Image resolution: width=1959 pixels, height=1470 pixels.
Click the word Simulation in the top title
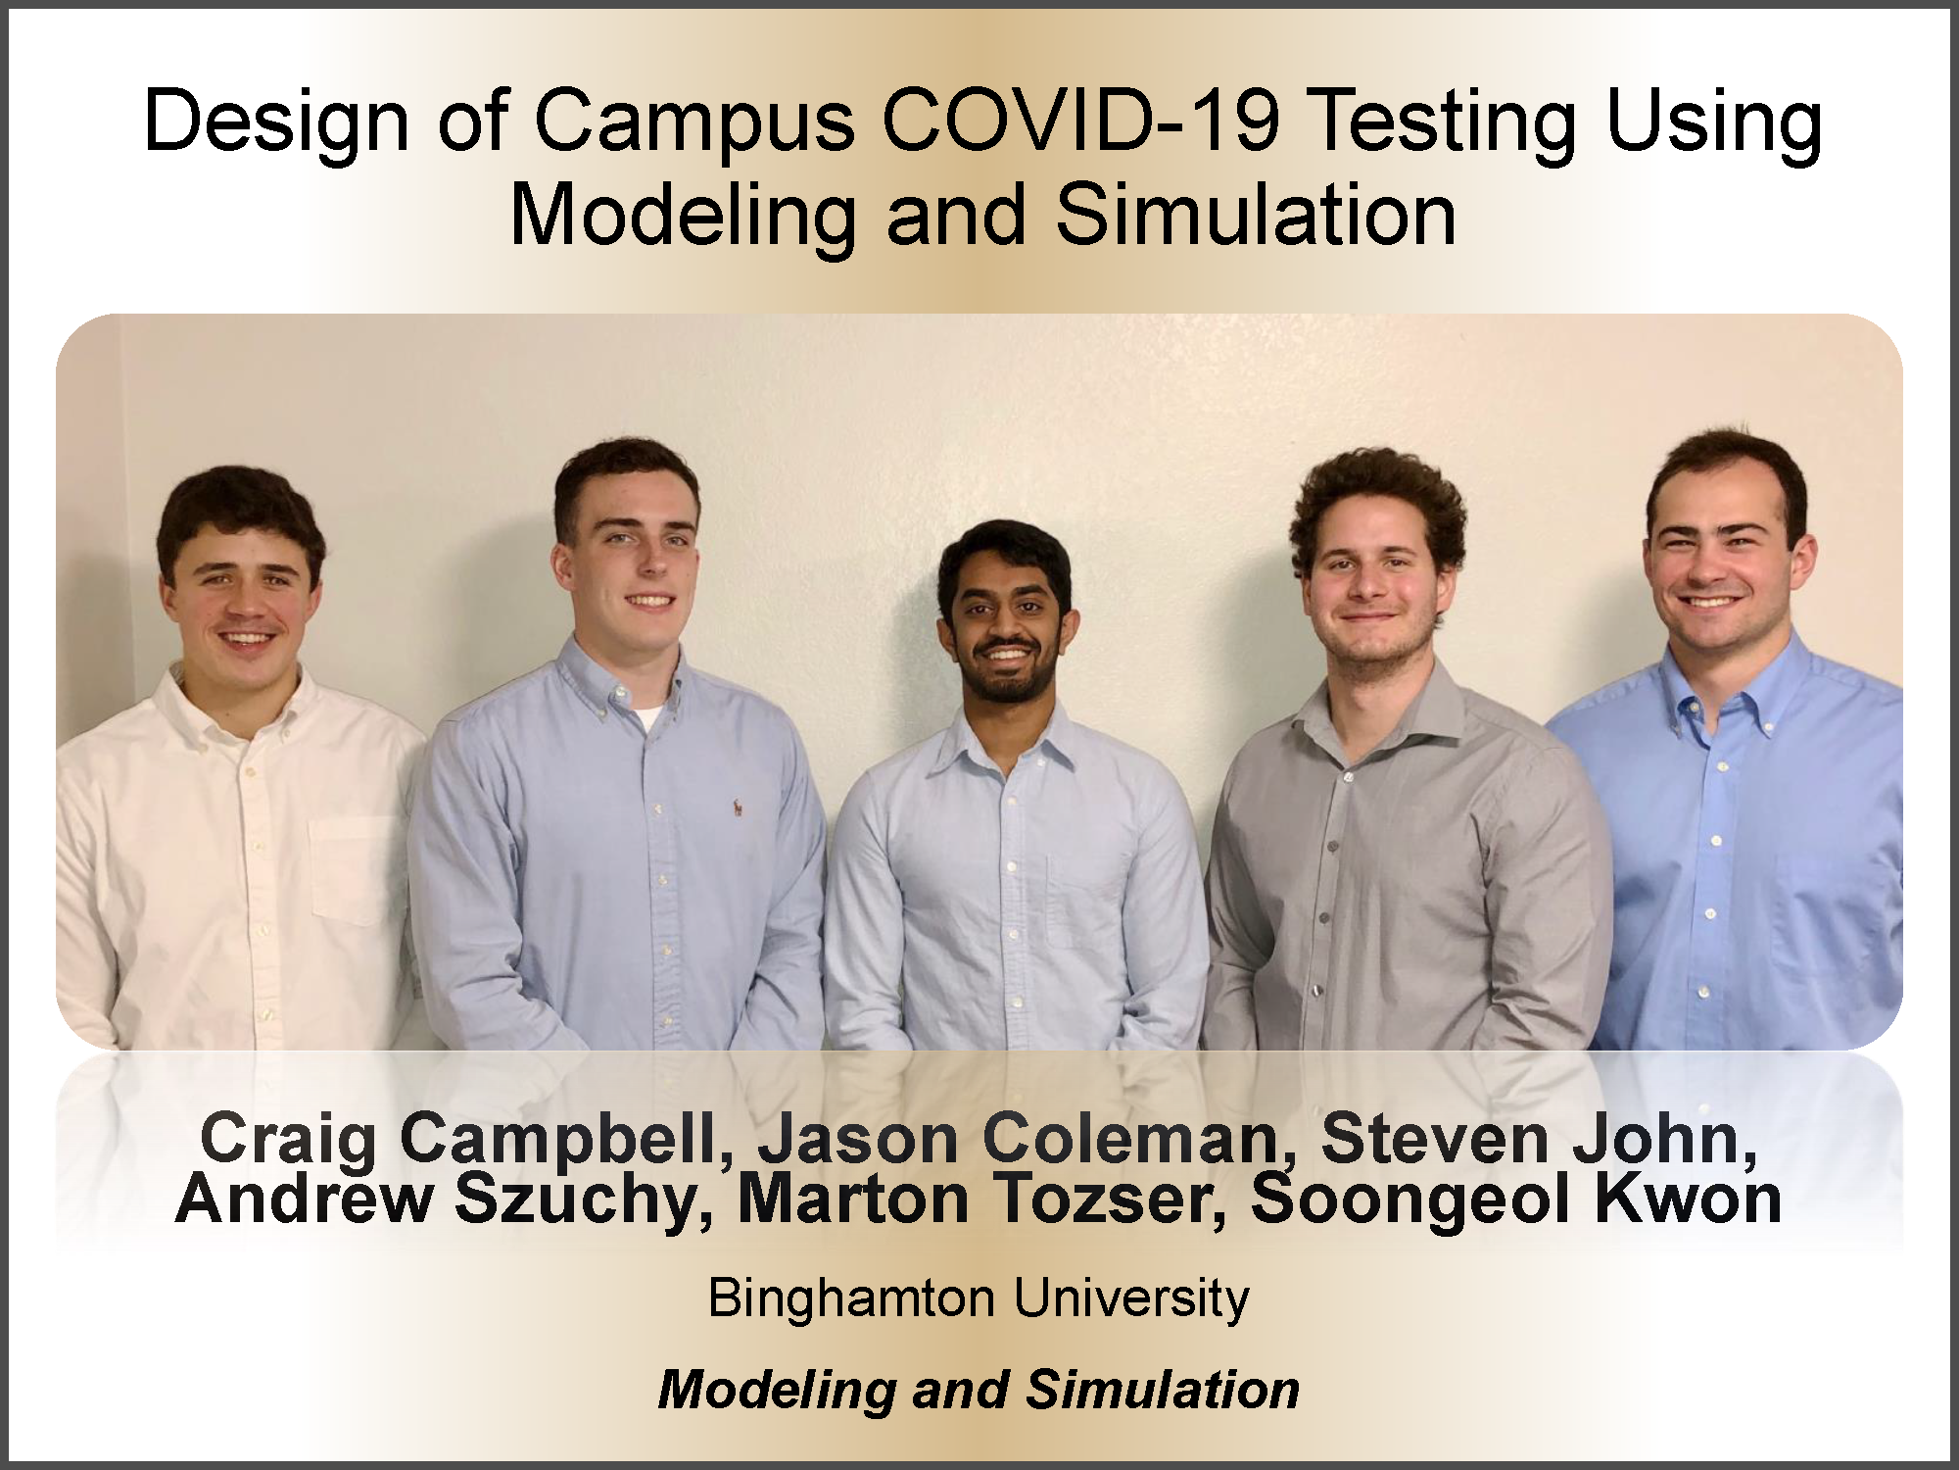1257,215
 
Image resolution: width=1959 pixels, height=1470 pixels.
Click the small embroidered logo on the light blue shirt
736,808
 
